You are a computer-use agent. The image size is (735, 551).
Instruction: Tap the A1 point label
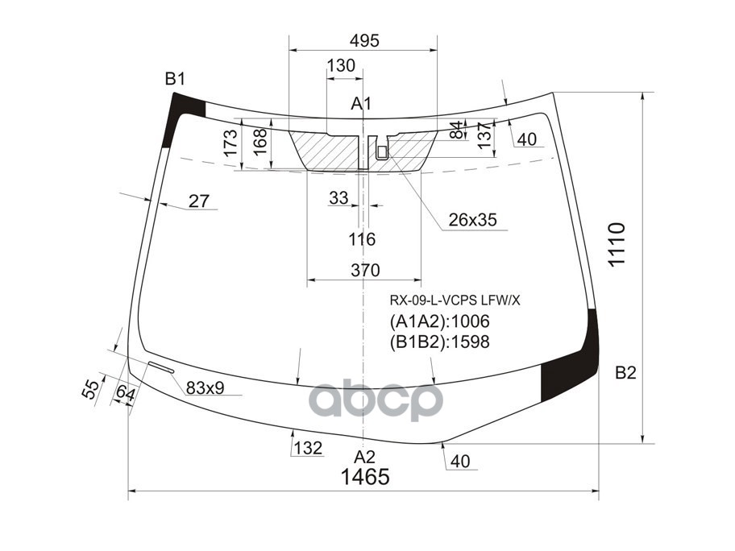coord(361,103)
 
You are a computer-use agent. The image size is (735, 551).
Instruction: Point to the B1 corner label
coord(175,79)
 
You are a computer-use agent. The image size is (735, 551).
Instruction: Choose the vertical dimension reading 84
coord(457,129)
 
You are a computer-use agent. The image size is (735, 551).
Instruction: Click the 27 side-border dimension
coord(199,201)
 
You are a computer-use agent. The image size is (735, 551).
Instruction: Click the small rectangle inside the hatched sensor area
coord(382,151)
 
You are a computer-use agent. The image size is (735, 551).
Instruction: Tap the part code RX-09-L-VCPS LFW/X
coord(455,300)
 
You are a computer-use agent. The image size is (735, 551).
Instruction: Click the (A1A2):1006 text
coord(440,321)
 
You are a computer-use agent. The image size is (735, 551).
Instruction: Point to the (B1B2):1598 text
coord(440,342)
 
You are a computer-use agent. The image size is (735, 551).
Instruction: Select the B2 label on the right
coord(626,373)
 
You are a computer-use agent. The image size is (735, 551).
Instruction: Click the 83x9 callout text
coord(204,388)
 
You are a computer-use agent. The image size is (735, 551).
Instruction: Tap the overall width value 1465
coord(364,477)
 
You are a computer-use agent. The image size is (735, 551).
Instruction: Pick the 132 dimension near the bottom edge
coord(308,448)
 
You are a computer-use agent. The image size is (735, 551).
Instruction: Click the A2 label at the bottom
coord(364,456)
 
